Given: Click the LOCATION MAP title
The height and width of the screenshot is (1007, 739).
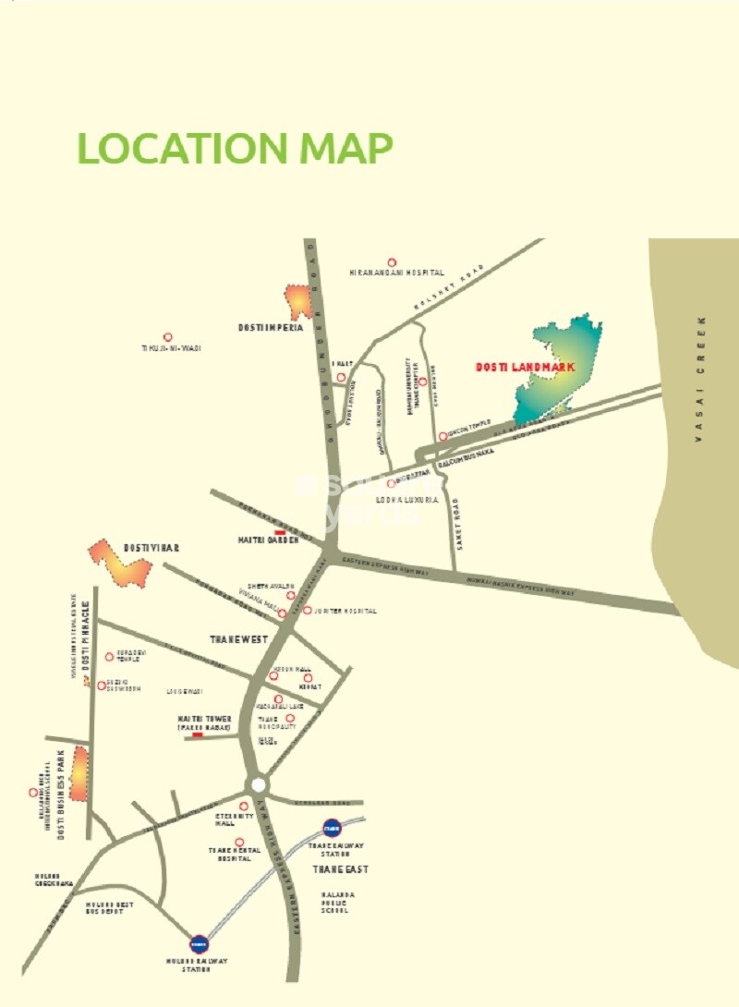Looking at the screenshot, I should (x=235, y=148).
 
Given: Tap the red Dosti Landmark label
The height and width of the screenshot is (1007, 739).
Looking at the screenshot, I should (x=525, y=368).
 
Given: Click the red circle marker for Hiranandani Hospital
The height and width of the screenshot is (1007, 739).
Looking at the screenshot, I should (x=392, y=262).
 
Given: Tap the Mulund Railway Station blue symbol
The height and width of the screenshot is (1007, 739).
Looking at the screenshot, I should (x=199, y=943).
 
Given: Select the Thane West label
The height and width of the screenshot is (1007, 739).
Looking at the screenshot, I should (x=238, y=639).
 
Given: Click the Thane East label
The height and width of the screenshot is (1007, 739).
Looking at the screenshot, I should (x=340, y=869).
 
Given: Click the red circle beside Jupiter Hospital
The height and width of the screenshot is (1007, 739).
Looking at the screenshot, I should (x=307, y=610).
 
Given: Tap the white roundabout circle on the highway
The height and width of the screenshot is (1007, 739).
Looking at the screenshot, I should (x=259, y=784).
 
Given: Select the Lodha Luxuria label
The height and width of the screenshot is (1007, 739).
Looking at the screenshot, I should (x=406, y=499).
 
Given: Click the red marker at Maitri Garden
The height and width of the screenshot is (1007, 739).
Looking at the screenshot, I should (x=280, y=533).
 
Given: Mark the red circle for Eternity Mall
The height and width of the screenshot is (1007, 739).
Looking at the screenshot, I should (x=244, y=806).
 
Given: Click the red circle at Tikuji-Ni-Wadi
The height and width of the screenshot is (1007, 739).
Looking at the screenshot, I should (x=167, y=337).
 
